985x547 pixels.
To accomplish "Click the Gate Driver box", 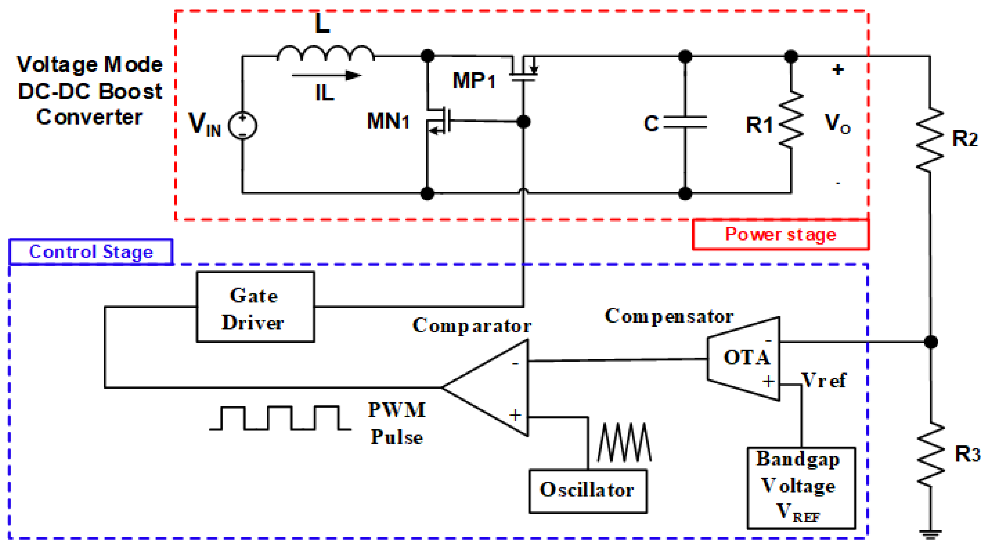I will click(255, 307).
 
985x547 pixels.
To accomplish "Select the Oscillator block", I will click(588, 491).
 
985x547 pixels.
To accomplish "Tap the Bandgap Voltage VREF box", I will click(801, 488).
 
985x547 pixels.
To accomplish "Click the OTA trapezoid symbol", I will click(744, 358).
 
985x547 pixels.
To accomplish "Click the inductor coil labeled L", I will click(325, 54).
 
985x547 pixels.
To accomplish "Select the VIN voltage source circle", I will click(243, 125).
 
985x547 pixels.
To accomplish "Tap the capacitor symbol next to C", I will click(685, 122).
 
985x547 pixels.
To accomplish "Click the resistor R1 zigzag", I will click(791, 119).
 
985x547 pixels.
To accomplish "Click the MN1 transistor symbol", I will click(439, 121).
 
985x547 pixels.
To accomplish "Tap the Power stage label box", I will click(780, 234).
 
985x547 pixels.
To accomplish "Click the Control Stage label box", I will click(91, 251).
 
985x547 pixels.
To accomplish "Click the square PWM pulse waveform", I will click(280, 418).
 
